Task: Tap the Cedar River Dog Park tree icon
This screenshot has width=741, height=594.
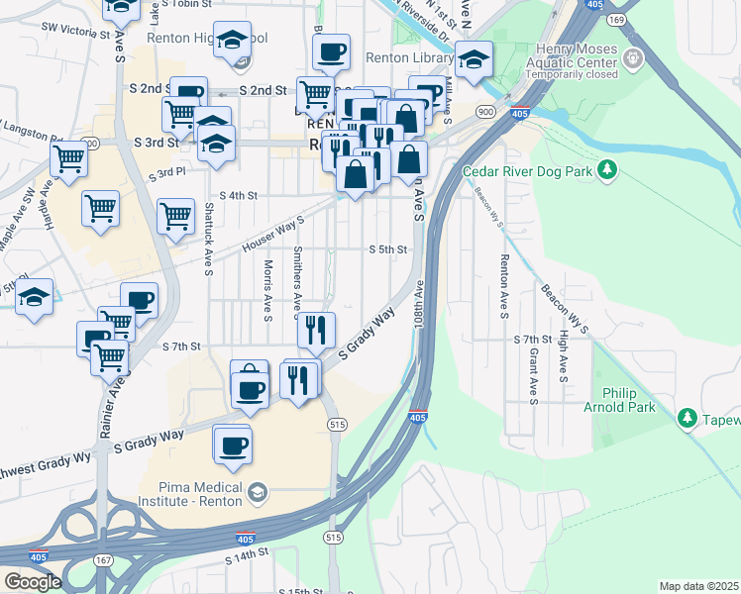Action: tap(608, 170)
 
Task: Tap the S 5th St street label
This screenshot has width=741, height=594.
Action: tap(387, 249)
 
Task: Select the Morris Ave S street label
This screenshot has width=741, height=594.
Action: tap(267, 290)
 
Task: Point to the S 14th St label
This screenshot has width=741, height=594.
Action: tap(247, 558)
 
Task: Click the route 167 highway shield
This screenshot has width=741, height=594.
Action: tap(103, 560)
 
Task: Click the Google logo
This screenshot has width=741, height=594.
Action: tap(32, 582)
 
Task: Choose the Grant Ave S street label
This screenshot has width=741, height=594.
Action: tap(533, 376)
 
